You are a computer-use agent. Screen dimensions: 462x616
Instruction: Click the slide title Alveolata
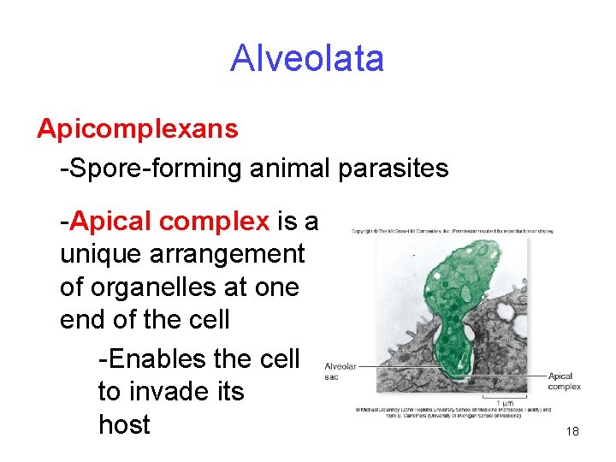click(307, 59)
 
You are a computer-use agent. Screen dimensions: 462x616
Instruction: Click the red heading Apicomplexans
click(137, 129)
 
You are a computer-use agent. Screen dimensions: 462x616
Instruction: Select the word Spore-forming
click(151, 169)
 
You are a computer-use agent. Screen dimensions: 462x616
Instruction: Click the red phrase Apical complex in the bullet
click(170, 222)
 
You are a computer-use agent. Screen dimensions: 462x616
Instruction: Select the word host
click(124, 424)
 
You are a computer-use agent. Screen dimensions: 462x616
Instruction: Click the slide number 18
click(572, 432)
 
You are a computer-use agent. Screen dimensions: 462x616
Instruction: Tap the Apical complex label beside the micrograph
click(564, 381)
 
